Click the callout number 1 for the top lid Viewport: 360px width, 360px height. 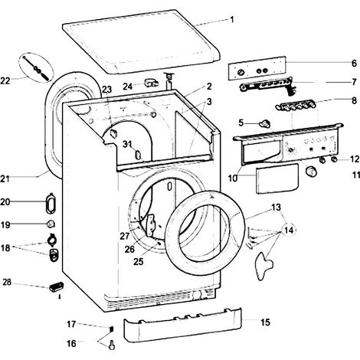pos(232,19)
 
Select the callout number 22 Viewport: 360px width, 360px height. pos(5,81)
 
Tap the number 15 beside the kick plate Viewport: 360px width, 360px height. pos(265,322)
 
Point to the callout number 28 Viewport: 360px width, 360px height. pos(7,282)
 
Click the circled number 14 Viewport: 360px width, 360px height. pos(289,231)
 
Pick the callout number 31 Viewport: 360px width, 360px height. pos(127,144)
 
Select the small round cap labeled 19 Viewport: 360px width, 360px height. pos(51,224)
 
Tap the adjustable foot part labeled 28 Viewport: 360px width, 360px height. pos(56,287)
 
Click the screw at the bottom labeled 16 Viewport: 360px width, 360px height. pos(112,345)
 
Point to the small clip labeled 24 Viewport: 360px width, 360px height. pos(151,83)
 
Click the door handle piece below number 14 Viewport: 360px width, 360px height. pos(263,266)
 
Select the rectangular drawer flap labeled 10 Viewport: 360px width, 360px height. pos(277,178)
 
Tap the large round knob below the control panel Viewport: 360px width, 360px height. pos(311,171)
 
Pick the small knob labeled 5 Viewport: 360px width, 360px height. pos(264,123)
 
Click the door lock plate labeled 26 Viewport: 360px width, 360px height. pos(151,225)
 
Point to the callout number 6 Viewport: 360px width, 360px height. pos(354,63)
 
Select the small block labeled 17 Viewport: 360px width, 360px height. pos(111,329)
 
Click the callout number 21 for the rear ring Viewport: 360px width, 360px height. pos(5,178)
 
